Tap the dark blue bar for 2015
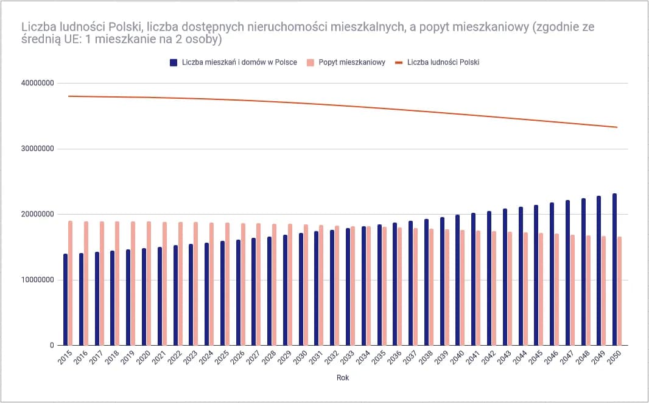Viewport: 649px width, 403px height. (65, 299)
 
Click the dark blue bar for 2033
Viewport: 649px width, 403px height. (348, 287)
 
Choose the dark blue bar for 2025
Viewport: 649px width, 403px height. (222, 293)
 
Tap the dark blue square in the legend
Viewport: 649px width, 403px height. (174, 62)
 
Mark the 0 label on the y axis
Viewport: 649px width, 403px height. (52, 346)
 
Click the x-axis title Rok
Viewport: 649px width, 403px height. (343, 378)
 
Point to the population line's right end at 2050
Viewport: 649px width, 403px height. (617, 127)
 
